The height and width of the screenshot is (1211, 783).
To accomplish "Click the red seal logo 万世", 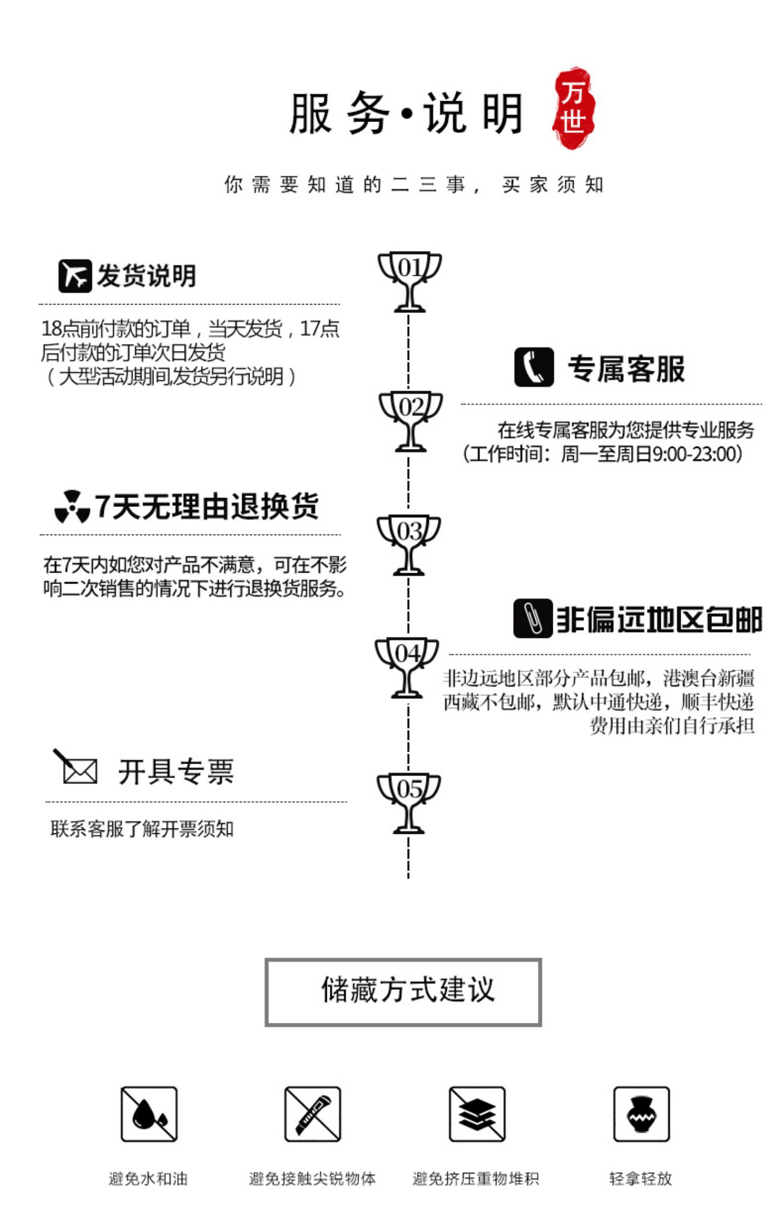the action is click(x=573, y=108).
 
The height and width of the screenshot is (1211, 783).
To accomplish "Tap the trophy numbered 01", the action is click(x=410, y=282).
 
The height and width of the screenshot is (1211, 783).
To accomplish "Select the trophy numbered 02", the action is click(x=411, y=420).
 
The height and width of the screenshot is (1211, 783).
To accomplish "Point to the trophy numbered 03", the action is click(x=409, y=544).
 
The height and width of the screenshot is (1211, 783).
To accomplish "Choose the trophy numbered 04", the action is click(x=407, y=667).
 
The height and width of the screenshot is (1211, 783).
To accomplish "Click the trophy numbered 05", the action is click(x=409, y=803).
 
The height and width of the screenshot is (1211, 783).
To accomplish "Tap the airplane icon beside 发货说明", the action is click(x=75, y=276).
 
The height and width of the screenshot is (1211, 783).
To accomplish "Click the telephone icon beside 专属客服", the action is click(x=533, y=367).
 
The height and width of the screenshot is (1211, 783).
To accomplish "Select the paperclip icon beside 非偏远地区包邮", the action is click(x=532, y=619).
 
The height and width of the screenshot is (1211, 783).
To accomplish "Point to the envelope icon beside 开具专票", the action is click(x=77, y=769).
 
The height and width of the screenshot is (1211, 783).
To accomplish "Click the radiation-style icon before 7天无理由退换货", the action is click(x=72, y=506).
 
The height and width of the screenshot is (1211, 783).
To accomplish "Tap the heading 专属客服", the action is click(x=626, y=369).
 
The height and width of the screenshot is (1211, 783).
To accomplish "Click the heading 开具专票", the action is click(x=176, y=772).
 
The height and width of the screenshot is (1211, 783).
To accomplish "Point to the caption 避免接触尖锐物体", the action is click(x=312, y=1179).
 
